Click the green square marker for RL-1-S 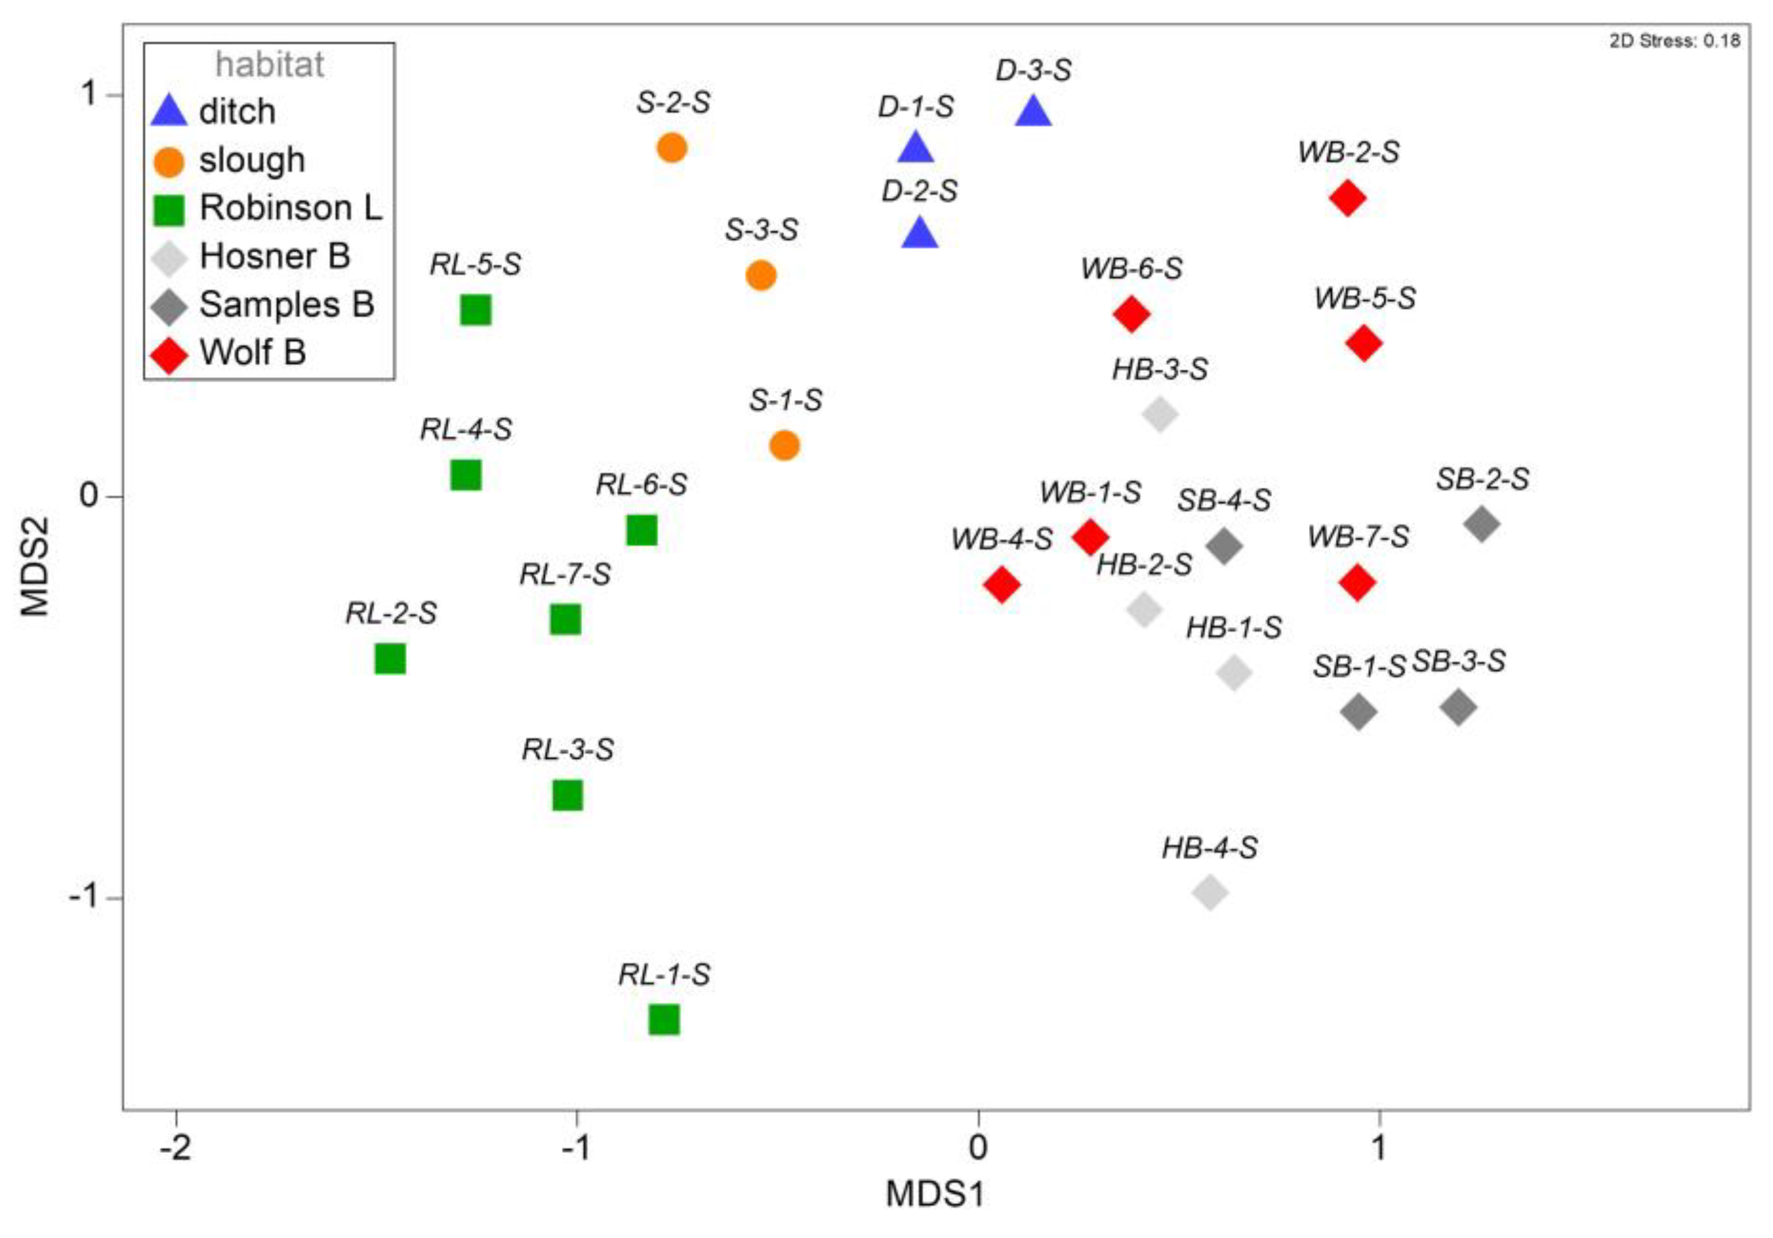click(x=663, y=1020)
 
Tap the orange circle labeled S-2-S click(x=672, y=147)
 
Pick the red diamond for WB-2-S click(x=1348, y=197)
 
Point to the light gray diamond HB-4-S click(x=1210, y=893)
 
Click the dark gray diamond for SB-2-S click(x=1481, y=524)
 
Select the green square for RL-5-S click(x=475, y=310)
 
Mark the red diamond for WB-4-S click(x=1002, y=584)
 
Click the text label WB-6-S click(x=1131, y=269)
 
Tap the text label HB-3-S click(x=1159, y=369)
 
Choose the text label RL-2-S click(x=391, y=613)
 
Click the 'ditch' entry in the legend click(x=236, y=112)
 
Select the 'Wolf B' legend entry click(x=252, y=353)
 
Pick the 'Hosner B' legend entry click(x=274, y=256)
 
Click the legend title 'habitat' click(x=270, y=65)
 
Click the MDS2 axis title click(x=36, y=566)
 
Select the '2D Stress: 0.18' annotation click(x=1674, y=41)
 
